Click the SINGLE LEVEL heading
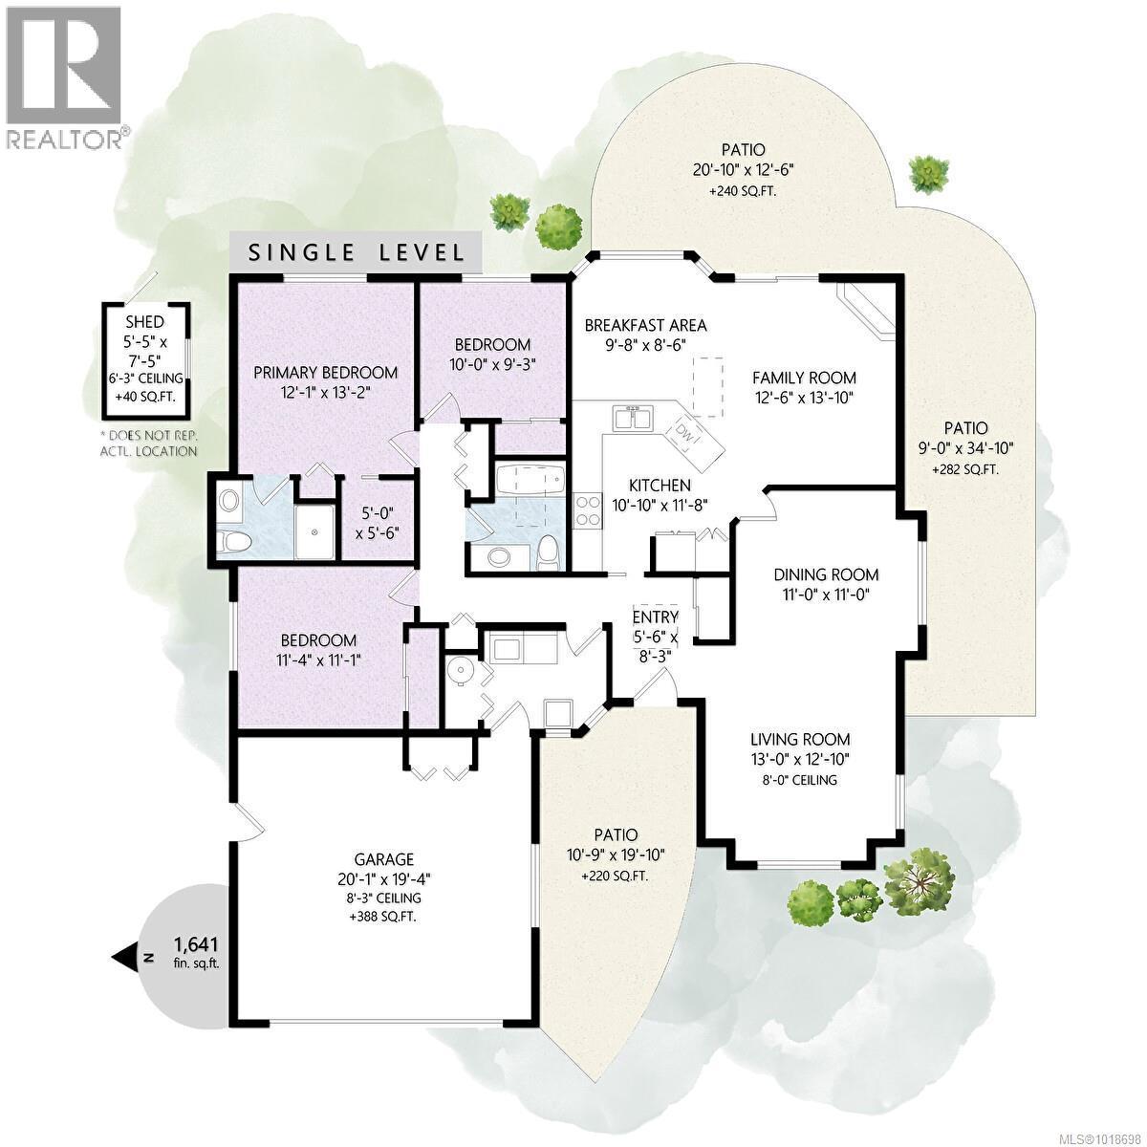click(357, 252)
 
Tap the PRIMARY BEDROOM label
click(325, 373)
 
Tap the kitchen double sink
click(634, 419)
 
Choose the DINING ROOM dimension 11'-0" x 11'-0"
click(826, 594)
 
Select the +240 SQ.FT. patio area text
click(743, 190)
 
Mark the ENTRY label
click(655, 617)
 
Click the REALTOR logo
click(64, 76)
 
